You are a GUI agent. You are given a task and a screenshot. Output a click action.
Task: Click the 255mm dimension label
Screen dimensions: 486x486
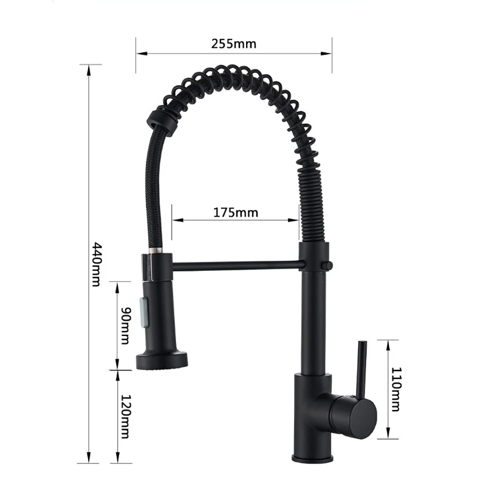(234, 44)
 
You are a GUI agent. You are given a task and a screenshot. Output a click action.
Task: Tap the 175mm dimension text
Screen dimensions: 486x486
(236, 213)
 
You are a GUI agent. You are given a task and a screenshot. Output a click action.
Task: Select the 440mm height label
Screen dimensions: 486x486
(97, 264)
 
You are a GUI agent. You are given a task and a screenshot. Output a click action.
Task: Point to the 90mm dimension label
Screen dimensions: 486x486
(126, 326)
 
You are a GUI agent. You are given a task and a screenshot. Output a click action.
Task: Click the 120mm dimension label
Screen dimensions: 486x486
(126, 416)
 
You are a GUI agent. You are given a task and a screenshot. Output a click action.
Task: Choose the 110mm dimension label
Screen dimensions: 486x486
(396, 389)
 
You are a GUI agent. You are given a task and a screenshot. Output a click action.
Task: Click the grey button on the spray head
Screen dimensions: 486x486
(145, 312)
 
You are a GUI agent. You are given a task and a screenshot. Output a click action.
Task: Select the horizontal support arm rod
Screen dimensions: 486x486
(239, 266)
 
